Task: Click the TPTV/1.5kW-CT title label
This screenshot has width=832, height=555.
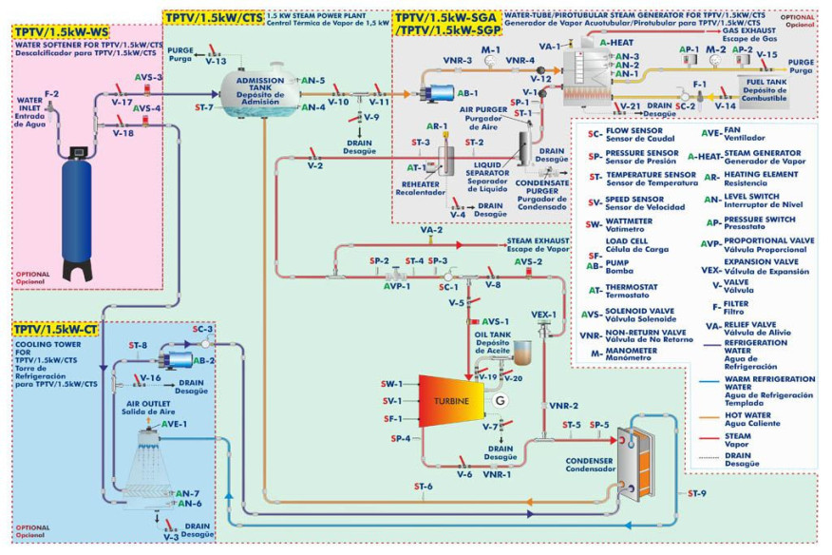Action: (56, 330)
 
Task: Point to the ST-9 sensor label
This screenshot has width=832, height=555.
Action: (697, 493)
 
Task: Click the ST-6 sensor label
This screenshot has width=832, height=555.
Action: (424, 487)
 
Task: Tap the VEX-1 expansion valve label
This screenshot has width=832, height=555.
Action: (543, 314)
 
